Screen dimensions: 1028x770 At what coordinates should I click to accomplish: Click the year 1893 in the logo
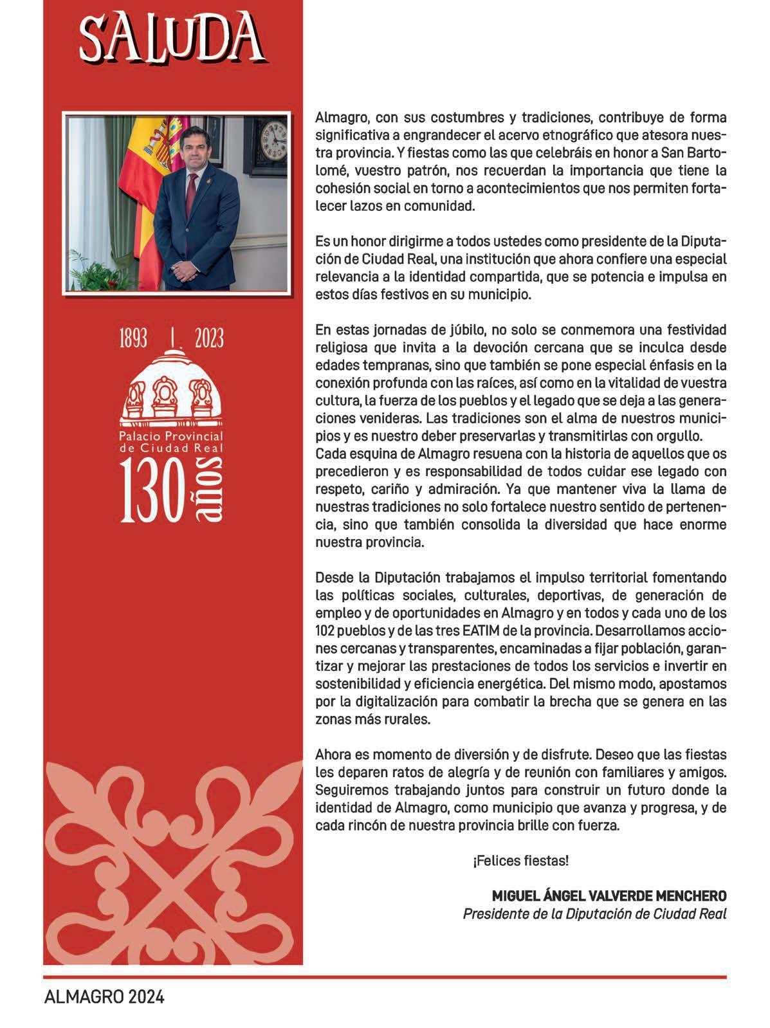point(134,338)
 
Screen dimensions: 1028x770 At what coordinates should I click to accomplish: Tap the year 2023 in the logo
point(209,338)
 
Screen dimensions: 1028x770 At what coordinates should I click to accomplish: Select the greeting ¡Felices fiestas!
point(520,860)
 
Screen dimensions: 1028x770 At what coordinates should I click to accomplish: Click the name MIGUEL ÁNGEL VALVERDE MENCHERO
point(609,895)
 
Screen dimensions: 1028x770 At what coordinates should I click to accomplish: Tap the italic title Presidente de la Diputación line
point(594,913)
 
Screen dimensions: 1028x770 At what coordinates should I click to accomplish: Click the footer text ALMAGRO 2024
point(104,997)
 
